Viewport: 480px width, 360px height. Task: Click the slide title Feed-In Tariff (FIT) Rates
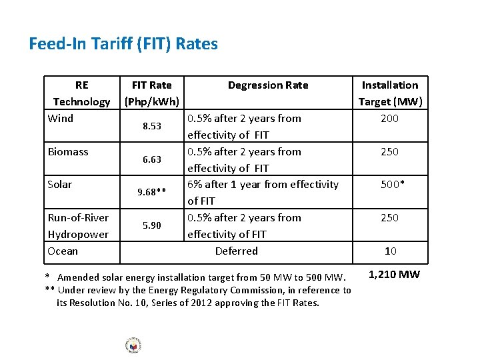123,44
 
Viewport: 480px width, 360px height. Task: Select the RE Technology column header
81,93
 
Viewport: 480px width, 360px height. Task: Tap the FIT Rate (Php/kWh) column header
151,93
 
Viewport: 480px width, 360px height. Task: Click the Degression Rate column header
268,85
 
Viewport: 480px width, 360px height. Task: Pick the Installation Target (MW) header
390,93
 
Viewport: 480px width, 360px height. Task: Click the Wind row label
61,119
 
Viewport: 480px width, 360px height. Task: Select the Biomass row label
68,152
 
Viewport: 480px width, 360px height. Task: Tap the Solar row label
60,185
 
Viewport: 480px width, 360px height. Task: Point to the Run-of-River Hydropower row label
78,226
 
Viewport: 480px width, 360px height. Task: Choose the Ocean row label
63,251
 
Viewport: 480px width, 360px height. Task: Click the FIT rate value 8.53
151,127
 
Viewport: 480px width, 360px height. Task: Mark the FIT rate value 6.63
151,160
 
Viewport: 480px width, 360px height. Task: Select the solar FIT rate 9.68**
151,193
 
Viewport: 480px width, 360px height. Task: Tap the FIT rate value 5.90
151,226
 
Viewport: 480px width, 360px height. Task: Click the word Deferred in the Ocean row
237,251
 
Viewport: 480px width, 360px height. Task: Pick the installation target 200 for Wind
389,119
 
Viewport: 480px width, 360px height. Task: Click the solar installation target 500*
391,185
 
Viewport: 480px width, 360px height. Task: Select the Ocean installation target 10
391,251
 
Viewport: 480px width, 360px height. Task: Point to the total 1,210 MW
394,275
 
